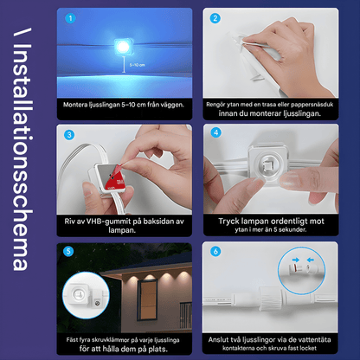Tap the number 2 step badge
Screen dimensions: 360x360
[214, 18]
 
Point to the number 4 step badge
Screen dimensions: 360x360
[214, 135]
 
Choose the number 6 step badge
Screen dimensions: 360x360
[214, 252]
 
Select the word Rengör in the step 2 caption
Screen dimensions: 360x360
[219, 104]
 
